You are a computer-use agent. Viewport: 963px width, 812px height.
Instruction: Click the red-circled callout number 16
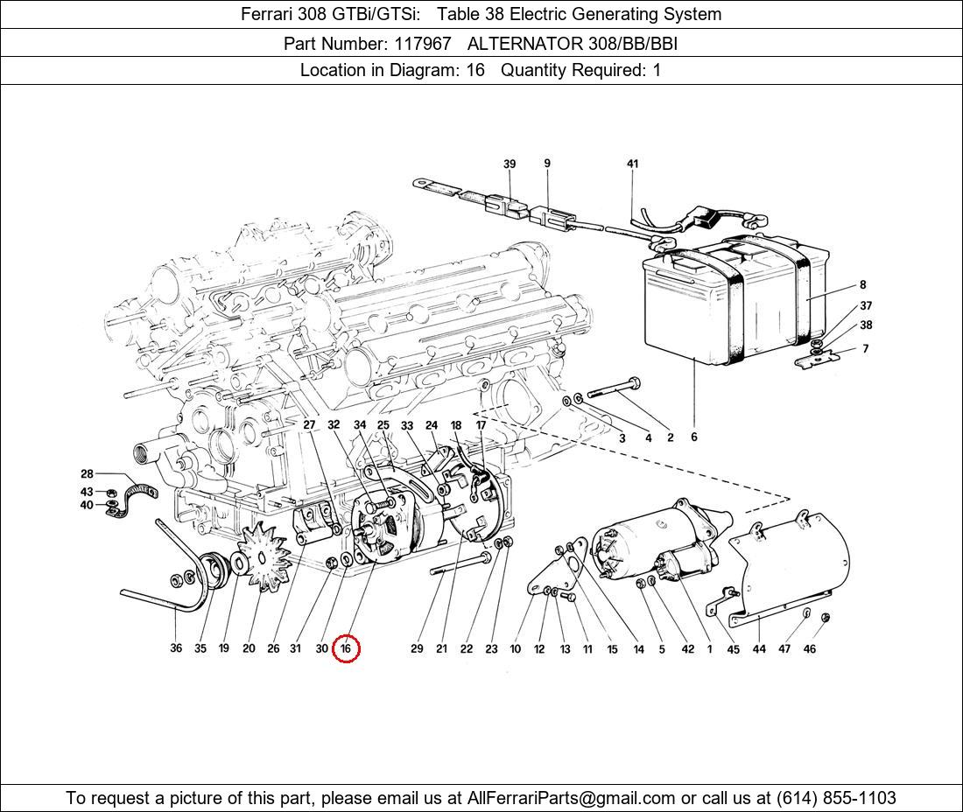[x=346, y=648]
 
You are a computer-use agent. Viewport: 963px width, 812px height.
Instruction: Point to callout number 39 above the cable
[x=510, y=164]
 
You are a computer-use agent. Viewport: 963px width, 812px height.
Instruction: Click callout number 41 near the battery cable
[x=633, y=164]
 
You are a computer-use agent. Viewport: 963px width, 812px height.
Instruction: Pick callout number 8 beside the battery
[x=862, y=284]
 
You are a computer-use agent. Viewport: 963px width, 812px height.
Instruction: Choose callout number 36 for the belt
[x=176, y=648]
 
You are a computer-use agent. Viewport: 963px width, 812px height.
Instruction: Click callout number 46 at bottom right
[x=810, y=648]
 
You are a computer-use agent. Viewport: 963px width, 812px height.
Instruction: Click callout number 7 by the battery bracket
[x=865, y=348]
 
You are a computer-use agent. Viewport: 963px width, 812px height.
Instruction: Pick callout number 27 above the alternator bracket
[x=309, y=425]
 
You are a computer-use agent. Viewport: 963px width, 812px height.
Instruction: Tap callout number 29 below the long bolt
[x=417, y=648]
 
